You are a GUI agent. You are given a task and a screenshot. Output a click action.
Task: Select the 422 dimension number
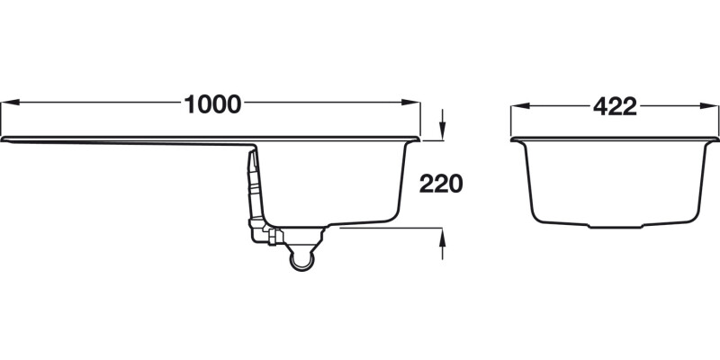pos(616,106)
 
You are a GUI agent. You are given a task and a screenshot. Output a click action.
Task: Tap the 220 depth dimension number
pos(440,184)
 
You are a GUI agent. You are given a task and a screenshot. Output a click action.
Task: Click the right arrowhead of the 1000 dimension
pos(416,104)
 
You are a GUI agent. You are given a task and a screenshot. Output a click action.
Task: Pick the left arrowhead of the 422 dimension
pos(517,106)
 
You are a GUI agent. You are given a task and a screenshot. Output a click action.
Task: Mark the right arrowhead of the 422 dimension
pos(714,106)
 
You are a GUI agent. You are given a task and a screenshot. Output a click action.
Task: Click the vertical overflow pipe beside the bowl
pos(255,184)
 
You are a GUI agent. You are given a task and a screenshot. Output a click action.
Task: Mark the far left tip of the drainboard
pos(4,140)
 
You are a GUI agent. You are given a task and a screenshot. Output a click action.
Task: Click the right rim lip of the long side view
pos(418,139)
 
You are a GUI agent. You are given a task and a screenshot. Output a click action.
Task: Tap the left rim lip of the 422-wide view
pos(515,140)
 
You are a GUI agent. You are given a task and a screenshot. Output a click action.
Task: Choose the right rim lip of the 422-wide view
pos(715,140)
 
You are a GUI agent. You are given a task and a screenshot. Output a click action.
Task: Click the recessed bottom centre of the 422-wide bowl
pos(616,226)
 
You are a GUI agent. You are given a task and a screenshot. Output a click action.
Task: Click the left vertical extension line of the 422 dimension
pos(511,121)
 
